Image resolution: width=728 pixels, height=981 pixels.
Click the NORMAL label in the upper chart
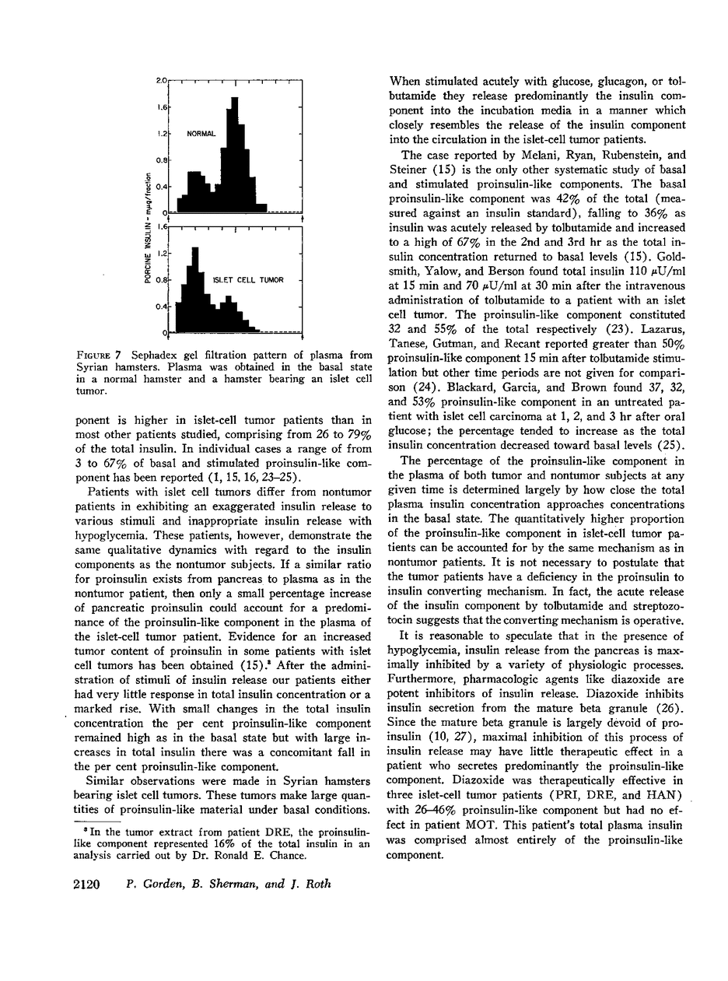tap(201, 134)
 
